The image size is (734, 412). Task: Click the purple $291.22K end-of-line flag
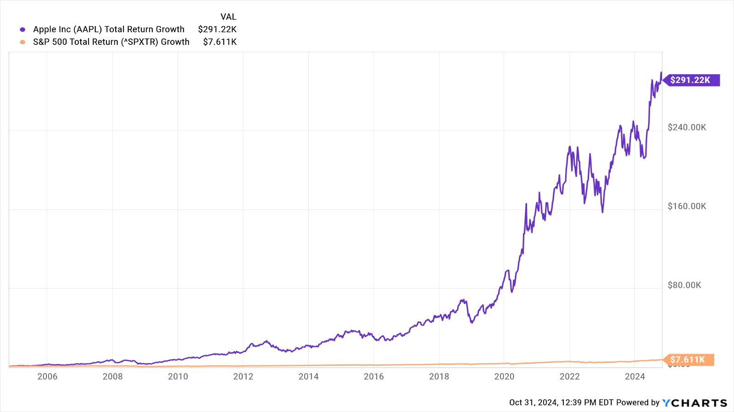coord(690,80)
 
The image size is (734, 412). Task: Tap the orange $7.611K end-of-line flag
coord(688,360)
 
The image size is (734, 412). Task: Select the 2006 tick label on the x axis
coord(47,377)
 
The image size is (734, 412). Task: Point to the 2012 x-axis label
coord(243,377)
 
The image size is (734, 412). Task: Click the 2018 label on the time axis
coord(439,377)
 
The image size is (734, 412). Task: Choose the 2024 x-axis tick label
coord(635,377)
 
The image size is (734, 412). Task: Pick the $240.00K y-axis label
coord(687,127)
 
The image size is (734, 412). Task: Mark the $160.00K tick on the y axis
coord(687,206)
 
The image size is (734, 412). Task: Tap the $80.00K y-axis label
coord(684,285)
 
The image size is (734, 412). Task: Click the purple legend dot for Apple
coord(22,30)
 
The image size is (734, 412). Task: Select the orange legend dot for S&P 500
coord(22,42)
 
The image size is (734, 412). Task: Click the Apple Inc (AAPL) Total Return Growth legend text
coord(109,29)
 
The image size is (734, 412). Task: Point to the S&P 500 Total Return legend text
coord(111,42)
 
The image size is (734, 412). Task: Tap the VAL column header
coord(228,17)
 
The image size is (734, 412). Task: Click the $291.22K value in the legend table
coord(217,29)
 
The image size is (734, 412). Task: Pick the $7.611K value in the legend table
coord(220,42)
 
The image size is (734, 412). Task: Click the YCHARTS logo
coord(695,403)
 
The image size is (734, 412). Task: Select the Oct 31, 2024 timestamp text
coord(561,402)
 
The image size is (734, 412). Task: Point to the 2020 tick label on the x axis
coord(504,377)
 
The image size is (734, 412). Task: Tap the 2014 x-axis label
coord(308,377)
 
